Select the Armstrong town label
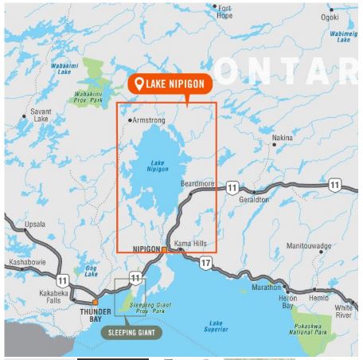151,120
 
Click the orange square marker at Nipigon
165,249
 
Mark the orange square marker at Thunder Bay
95,302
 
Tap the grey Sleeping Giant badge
131,333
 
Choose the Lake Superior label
215,327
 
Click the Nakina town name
283,138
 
